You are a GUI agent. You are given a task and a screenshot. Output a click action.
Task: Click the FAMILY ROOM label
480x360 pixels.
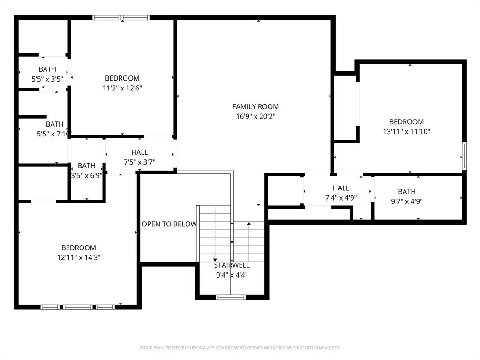(255, 107)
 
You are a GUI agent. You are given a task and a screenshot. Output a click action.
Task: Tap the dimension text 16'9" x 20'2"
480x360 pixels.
(255, 117)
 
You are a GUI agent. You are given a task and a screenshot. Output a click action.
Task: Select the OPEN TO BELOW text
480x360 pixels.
(169, 224)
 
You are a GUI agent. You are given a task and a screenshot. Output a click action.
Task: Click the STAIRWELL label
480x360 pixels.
(232, 265)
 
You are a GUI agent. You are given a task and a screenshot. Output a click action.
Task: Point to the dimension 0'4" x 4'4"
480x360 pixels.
(232, 275)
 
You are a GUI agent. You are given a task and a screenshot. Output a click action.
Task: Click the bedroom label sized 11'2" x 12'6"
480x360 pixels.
(122, 78)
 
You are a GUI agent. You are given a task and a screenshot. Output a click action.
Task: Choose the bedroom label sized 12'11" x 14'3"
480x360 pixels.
(79, 247)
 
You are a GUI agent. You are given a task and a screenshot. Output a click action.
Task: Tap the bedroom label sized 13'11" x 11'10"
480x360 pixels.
(406, 122)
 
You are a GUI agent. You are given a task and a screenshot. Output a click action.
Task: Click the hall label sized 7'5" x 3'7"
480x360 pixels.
(140, 152)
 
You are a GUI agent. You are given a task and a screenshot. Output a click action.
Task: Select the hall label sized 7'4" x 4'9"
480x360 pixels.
(341, 188)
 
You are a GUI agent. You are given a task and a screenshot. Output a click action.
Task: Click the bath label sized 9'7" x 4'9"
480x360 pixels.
(407, 191)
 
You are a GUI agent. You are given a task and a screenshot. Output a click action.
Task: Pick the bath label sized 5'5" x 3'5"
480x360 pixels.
(47, 69)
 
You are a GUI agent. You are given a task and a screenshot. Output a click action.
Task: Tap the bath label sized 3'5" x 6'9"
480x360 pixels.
(87, 165)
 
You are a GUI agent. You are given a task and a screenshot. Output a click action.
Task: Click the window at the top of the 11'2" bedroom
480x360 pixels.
(121, 18)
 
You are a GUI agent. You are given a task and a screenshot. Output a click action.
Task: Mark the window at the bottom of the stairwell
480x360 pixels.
(231, 297)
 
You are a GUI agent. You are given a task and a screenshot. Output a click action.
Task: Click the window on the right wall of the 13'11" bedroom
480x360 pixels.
(464, 156)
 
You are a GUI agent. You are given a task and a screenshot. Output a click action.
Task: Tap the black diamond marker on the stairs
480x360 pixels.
(232, 242)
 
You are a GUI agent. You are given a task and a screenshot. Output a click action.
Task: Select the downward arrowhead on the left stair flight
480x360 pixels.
(215, 259)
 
